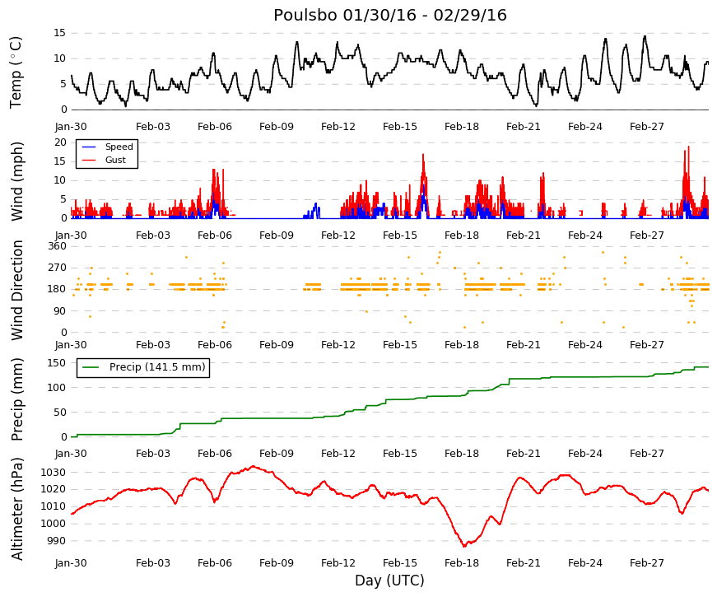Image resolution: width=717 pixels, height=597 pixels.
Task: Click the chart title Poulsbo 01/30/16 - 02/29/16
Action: coord(390,15)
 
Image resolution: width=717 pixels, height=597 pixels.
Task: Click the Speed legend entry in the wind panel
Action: coord(119,147)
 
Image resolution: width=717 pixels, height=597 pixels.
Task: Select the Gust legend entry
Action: coord(115,160)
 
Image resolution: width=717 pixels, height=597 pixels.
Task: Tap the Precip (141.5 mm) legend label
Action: coord(157,367)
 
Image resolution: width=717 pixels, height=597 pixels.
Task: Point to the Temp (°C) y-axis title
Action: coord(16,72)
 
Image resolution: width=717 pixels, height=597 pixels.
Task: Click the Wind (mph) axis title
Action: coord(17,182)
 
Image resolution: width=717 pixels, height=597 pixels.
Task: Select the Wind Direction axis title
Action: coord(17,291)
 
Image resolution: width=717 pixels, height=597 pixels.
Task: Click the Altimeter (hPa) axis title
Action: coord(17,508)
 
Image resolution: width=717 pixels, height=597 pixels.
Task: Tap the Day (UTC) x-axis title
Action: coord(389,581)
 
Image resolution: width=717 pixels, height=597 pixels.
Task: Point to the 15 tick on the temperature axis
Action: coord(60,33)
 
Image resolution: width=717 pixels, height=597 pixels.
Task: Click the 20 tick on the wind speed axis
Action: coord(60,142)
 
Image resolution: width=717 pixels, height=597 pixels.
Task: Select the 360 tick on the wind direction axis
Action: coord(57,246)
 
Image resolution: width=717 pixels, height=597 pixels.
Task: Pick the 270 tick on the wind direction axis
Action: coord(57,268)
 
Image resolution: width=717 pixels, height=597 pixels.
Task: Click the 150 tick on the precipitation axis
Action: coord(57,363)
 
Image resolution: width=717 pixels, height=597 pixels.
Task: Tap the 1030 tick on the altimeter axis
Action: coord(53,472)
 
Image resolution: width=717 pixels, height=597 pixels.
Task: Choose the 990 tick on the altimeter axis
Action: coord(56,541)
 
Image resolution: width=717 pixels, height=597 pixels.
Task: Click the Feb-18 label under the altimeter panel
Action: coord(462,563)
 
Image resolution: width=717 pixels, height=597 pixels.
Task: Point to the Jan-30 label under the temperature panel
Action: coord(71,127)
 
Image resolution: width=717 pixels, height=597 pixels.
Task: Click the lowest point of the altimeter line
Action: coord(464,546)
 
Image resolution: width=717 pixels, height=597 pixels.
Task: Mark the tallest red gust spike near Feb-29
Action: coord(689,147)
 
